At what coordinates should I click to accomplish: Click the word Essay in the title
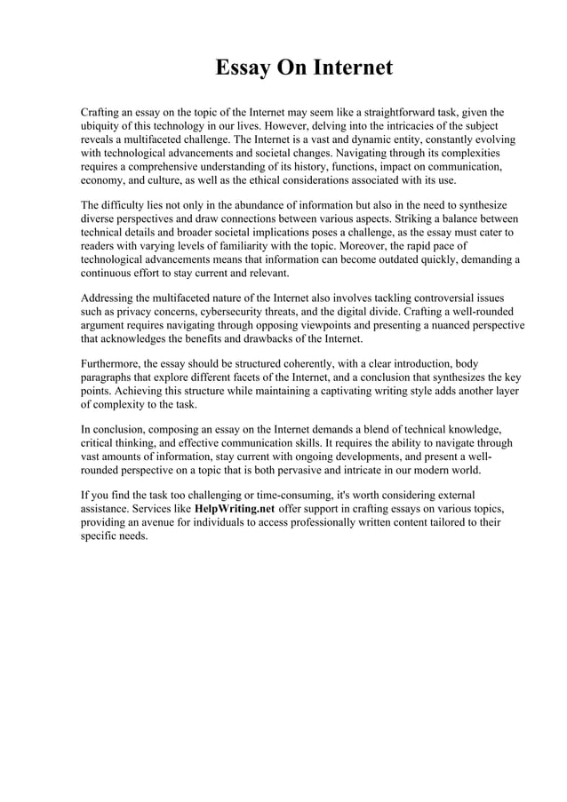click(245, 68)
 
